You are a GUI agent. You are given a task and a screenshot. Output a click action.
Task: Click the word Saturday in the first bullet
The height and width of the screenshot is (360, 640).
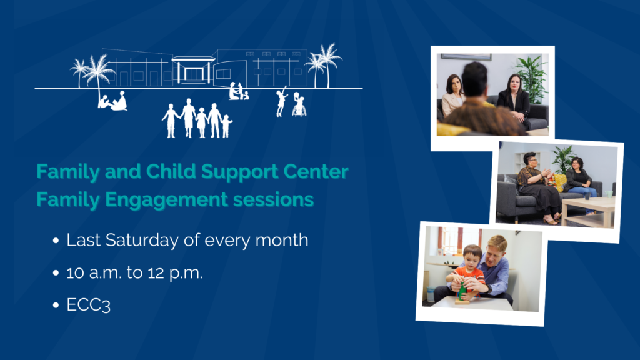(x=142, y=241)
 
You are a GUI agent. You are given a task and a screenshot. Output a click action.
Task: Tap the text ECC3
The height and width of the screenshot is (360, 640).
(x=89, y=305)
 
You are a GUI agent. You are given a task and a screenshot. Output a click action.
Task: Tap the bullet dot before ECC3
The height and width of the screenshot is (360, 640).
(x=56, y=305)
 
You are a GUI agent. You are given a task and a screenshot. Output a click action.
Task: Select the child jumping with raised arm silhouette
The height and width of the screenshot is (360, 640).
(x=281, y=101)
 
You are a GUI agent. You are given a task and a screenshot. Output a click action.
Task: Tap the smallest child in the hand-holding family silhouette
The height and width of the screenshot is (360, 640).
(x=226, y=126)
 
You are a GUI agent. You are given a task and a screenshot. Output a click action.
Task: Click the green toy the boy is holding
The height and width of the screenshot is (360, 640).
(x=462, y=290)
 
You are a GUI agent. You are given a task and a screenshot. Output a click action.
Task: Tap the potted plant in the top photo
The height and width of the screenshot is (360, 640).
(x=531, y=79)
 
